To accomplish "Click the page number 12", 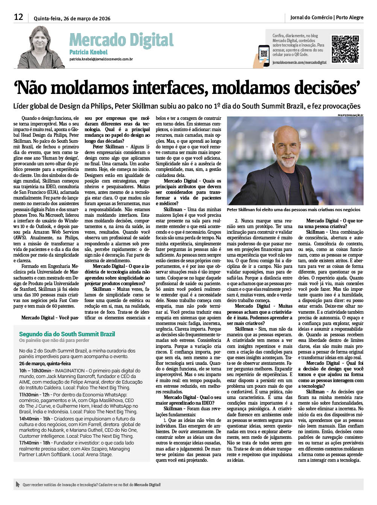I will point(18,17).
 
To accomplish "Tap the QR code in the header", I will point(345,49).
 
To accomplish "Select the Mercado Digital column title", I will point(121,40).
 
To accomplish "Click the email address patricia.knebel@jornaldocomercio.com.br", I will point(101,59).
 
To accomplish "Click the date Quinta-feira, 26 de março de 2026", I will point(72,18).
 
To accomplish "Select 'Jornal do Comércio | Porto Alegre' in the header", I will point(327,17).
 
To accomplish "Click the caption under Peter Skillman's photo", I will point(293,210).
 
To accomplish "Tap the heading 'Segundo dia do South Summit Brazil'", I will point(67,334).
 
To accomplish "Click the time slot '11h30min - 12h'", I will point(34,395).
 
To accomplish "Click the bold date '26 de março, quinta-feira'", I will point(45,364).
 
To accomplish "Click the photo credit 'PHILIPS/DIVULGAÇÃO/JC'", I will point(350,115).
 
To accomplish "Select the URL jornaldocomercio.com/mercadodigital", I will point(299,62).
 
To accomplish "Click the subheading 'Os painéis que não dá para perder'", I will point(54,340).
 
